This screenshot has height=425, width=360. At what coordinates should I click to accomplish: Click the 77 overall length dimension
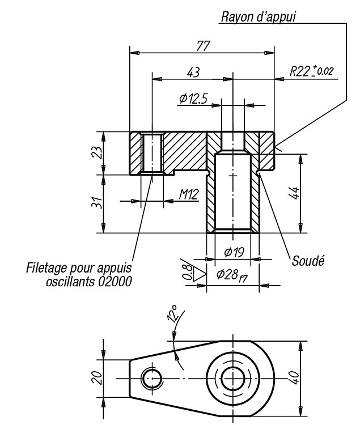[203, 46]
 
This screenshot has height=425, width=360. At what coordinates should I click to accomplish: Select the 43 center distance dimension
[193, 73]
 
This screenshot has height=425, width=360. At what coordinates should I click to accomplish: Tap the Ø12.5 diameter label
[193, 99]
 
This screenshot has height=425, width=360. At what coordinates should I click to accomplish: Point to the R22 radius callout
[311, 71]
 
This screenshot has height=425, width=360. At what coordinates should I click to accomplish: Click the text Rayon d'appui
[259, 16]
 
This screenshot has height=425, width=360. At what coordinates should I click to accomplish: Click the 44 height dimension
[295, 193]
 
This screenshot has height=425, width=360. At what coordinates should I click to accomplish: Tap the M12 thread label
[189, 194]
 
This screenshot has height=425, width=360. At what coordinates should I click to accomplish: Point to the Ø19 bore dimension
[234, 252]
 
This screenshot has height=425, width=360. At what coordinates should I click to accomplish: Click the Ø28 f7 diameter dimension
[232, 275]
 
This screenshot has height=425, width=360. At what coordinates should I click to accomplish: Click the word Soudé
[308, 261]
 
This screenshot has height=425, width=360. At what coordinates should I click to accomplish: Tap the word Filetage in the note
[46, 268]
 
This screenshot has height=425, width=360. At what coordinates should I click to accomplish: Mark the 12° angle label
[173, 314]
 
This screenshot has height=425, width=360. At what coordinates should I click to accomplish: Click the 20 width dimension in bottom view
[98, 377]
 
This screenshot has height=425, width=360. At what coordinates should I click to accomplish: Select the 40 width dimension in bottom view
[295, 377]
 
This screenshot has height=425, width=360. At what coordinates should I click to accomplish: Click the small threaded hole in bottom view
[152, 378]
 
